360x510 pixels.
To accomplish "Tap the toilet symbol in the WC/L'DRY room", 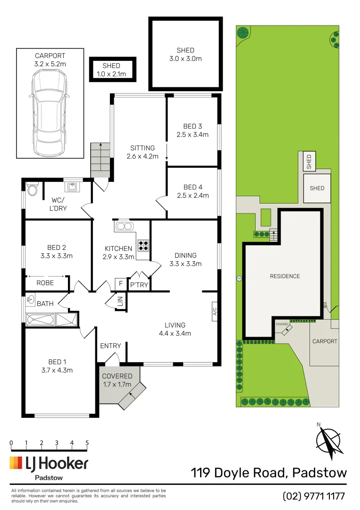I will click(33, 190).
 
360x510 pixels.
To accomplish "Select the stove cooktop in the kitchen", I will click(143, 245).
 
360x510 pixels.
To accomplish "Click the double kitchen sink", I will click(125, 226).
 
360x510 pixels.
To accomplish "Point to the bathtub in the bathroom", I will click(41, 320).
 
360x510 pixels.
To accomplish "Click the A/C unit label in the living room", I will click(214, 312).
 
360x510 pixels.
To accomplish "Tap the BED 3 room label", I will click(193, 130).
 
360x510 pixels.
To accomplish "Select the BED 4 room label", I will click(193, 191).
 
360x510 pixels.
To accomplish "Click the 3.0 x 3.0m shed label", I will click(185, 54).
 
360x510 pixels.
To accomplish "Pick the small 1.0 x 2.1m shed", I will click(112, 69).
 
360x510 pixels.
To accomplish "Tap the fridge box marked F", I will click(120, 284).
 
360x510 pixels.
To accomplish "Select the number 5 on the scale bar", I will click(87, 443).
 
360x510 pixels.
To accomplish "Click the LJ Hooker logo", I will click(49, 464).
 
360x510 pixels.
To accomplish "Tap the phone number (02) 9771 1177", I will click(314, 496).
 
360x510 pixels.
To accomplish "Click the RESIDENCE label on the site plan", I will click(285, 276).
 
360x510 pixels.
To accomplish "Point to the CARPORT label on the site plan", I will click(325, 341).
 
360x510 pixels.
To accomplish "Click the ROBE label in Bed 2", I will click(45, 283).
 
